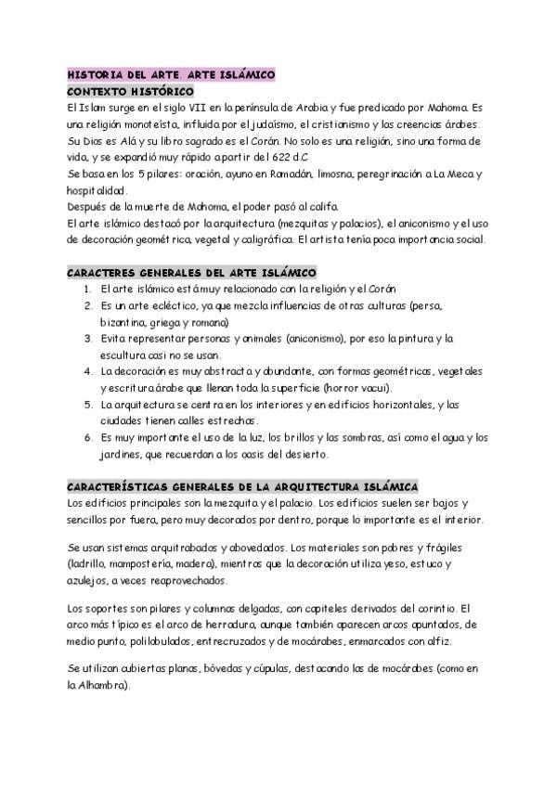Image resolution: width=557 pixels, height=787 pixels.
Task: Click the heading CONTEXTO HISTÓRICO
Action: click(131, 92)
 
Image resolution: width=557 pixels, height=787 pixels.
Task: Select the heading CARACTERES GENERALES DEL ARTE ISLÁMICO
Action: click(192, 273)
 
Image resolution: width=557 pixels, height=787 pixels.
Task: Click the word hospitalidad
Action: click(97, 190)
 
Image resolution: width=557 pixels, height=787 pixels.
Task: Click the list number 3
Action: click(86, 339)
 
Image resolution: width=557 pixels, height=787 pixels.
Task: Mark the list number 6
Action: click(86, 438)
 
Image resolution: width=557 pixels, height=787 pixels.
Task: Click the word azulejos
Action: click(88, 581)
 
